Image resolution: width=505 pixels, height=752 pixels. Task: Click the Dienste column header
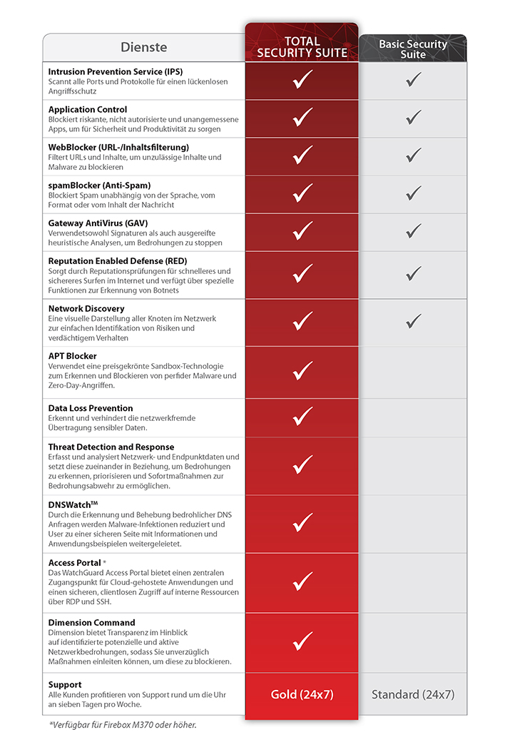143,48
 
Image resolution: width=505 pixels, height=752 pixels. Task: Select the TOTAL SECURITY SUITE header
302,47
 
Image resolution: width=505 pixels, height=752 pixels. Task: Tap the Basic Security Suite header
413,49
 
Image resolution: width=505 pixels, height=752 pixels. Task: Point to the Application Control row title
88,110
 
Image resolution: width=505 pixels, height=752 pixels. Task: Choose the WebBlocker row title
118,147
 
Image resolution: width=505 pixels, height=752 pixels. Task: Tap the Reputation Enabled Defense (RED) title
117,261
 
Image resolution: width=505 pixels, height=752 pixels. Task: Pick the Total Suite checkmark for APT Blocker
302,370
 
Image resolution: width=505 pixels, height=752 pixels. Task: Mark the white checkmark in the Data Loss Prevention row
302,416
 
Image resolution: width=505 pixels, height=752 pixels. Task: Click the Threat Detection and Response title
111,447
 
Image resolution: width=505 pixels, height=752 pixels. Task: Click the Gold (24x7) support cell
302,694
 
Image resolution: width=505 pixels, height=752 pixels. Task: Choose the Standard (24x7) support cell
413,694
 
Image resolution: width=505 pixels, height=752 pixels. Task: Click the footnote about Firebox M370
123,725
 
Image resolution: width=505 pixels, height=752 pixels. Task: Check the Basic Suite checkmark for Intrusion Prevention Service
413,79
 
